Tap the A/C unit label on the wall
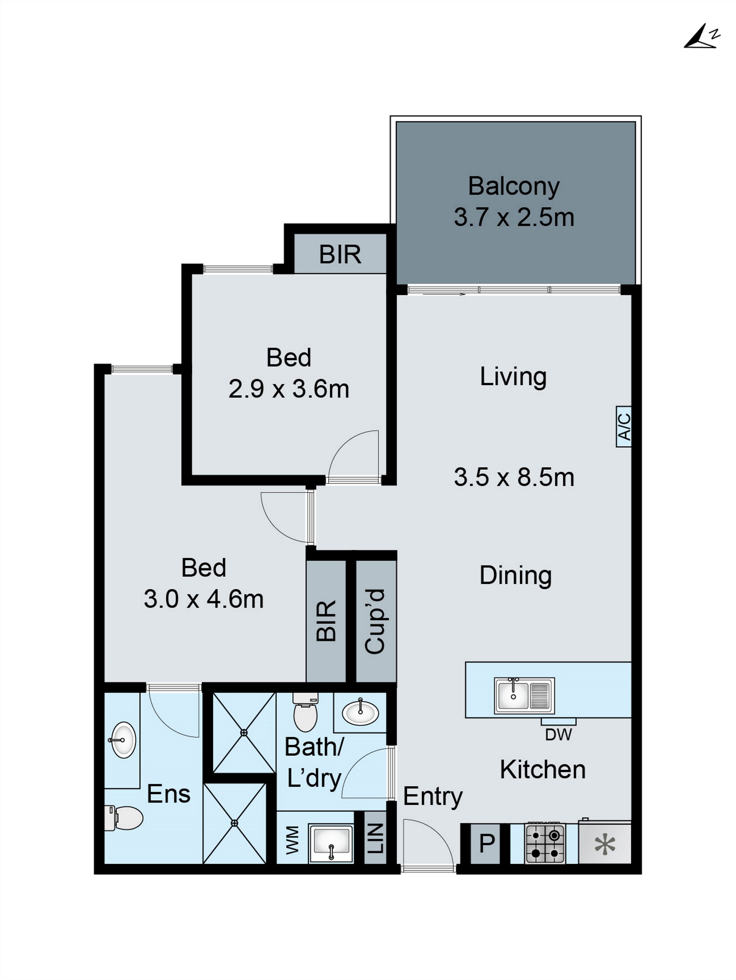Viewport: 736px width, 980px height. [x=623, y=426]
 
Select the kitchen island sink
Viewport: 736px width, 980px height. [x=524, y=695]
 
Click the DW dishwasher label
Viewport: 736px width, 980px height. [x=558, y=734]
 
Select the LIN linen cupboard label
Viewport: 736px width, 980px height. [x=375, y=838]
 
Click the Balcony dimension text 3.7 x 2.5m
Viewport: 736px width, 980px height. [x=514, y=218]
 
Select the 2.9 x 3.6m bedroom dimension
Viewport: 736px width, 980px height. [x=289, y=389]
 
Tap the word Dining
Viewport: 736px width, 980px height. [x=515, y=575]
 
